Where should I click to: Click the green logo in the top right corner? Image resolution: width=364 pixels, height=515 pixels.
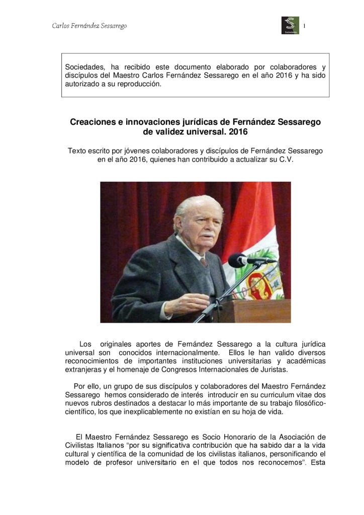pos(290,25)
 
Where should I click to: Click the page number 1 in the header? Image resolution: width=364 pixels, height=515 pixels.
pos(305,26)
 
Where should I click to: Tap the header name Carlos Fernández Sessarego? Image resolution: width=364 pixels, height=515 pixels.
pos(89,26)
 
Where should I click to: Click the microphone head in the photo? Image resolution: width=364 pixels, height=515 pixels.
pos(237,260)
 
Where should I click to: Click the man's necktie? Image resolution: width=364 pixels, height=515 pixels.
pos(203,262)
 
